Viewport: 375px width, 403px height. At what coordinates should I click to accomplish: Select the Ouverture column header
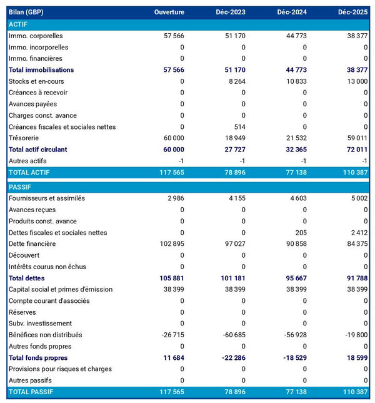click(x=169, y=13)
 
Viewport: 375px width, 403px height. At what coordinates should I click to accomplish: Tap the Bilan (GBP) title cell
click(x=26, y=13)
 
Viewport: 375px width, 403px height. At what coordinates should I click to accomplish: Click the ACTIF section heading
click(x=18, y=24)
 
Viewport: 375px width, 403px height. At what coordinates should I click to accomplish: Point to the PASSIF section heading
click(x=19, y=187)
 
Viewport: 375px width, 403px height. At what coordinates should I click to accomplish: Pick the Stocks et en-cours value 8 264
click(x=235, y=81)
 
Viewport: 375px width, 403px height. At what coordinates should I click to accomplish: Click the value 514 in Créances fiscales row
click(x=239, y=127)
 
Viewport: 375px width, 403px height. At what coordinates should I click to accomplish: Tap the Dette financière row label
click(x=32, y=244)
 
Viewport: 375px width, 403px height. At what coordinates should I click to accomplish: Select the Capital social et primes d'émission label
click(x=61, y=289)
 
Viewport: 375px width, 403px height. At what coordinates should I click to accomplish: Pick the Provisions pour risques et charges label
click(x=60, y=369)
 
